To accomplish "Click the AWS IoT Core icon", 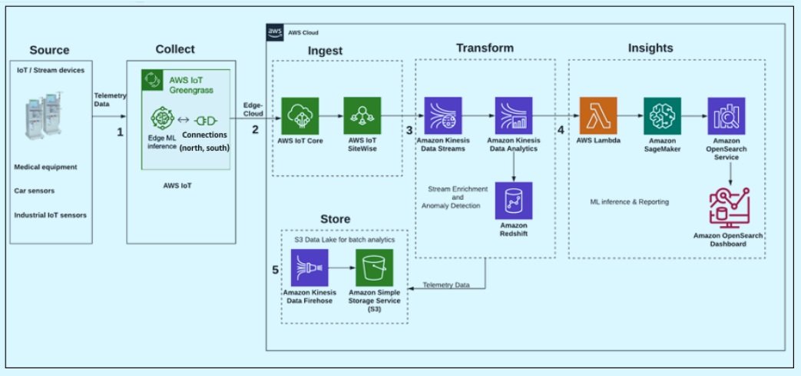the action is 300,116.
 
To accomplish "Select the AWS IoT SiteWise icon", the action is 362,116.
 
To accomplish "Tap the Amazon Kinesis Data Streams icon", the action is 443,116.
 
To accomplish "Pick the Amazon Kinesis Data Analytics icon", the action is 514,116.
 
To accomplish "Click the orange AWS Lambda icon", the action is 598,116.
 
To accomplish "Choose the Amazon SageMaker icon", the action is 662,116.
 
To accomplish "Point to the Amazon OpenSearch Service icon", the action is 726,116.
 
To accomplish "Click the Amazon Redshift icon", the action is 514,201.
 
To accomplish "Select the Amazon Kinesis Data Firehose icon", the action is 309,268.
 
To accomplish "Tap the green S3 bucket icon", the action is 375,268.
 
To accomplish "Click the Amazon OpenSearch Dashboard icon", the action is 729,208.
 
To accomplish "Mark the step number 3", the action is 409,130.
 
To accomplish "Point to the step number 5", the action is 276,270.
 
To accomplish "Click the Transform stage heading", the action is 485,48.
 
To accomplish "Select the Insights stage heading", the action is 650,48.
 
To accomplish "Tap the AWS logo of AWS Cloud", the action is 274,32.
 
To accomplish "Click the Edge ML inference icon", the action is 163,118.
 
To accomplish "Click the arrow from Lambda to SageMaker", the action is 631,116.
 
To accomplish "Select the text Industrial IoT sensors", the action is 51,215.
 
